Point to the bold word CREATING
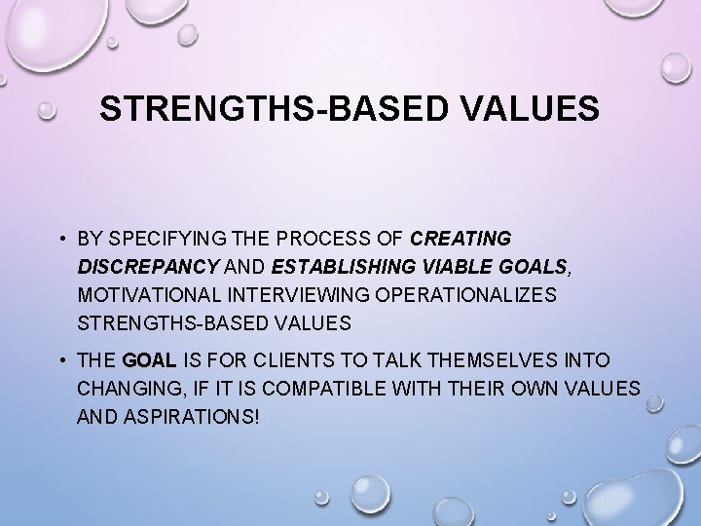[461, 239]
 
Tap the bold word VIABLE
[454, 266]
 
